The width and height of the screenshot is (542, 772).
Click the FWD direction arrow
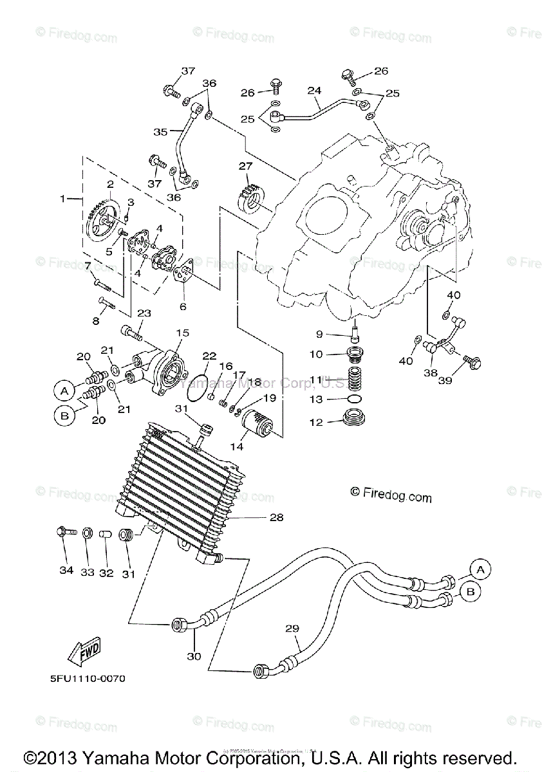82,654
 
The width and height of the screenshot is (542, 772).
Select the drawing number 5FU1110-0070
86,678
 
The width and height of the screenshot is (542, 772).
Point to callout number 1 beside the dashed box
63,199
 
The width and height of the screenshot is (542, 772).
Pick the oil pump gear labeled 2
101,219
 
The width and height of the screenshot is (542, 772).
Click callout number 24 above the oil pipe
313,91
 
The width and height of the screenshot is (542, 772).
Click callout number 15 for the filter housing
183,333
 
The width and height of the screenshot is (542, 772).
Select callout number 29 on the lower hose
293,629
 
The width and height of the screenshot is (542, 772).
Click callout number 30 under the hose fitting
194,656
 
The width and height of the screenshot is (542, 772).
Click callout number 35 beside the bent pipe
160,131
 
